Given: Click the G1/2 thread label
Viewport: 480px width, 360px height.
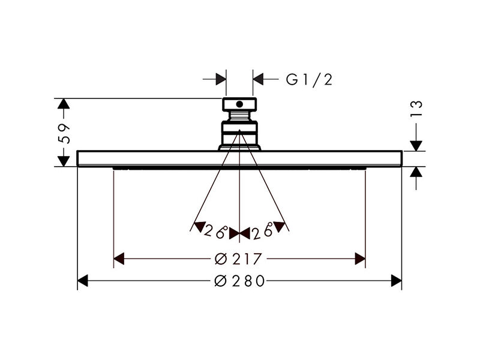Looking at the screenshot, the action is [x=309, y=80].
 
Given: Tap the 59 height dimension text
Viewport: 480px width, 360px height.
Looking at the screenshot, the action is [x=64, y=134].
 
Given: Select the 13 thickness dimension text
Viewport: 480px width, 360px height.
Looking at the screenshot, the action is [x=416, y=109].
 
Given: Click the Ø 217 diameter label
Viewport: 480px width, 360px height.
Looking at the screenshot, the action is [x=238, y=259].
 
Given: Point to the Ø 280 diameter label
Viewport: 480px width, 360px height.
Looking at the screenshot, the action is [x=239, y=281].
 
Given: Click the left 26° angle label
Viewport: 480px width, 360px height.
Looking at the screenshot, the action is [x=216, y=231].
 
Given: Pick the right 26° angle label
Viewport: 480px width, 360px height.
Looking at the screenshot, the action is [x=262, y=231].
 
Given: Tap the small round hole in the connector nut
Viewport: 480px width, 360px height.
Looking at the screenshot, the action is [x=239, y=104].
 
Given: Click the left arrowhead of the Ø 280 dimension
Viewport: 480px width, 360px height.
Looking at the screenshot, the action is [x=83, y=281].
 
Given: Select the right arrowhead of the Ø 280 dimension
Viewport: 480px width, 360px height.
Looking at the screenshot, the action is [x=397, y=281].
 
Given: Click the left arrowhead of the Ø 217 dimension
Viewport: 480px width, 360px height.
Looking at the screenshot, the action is [x=119, y=259].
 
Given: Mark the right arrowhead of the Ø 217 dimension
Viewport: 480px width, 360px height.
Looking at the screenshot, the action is [x=360, y=259].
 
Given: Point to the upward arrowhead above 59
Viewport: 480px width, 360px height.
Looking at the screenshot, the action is [x=64, y=104].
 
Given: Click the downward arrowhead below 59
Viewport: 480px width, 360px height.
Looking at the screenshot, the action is [x=64, y=161].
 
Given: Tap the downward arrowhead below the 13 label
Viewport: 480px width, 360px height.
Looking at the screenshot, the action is [x=416, y=146].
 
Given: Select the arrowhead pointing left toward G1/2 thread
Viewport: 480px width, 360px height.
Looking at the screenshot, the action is [x=258, y=79].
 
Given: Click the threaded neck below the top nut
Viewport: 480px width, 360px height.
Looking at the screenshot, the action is [x=239, y=116].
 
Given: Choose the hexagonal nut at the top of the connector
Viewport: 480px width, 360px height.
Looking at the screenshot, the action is [x=239, y=104].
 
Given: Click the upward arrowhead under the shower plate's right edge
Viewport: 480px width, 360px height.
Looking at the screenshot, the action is [x=416, y=172].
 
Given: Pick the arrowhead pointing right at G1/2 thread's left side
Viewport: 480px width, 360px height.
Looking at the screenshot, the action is [x=221, y=79].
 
